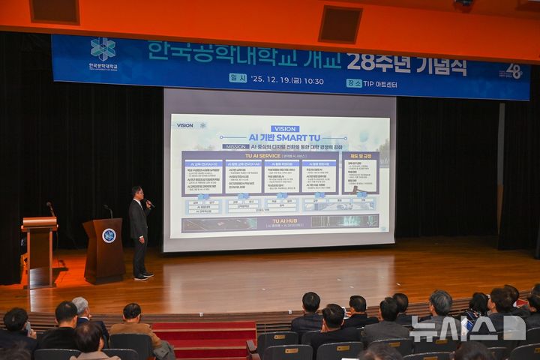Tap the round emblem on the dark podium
[x=109, y=235]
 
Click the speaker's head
[x=136, y=192]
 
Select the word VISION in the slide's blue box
[x=284, y=129]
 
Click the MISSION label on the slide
[x=235, y=147]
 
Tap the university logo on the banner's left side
[x=103, y=49]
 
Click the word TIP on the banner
[x=370, y=82]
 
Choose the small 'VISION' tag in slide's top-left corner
[x=184, y=125]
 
